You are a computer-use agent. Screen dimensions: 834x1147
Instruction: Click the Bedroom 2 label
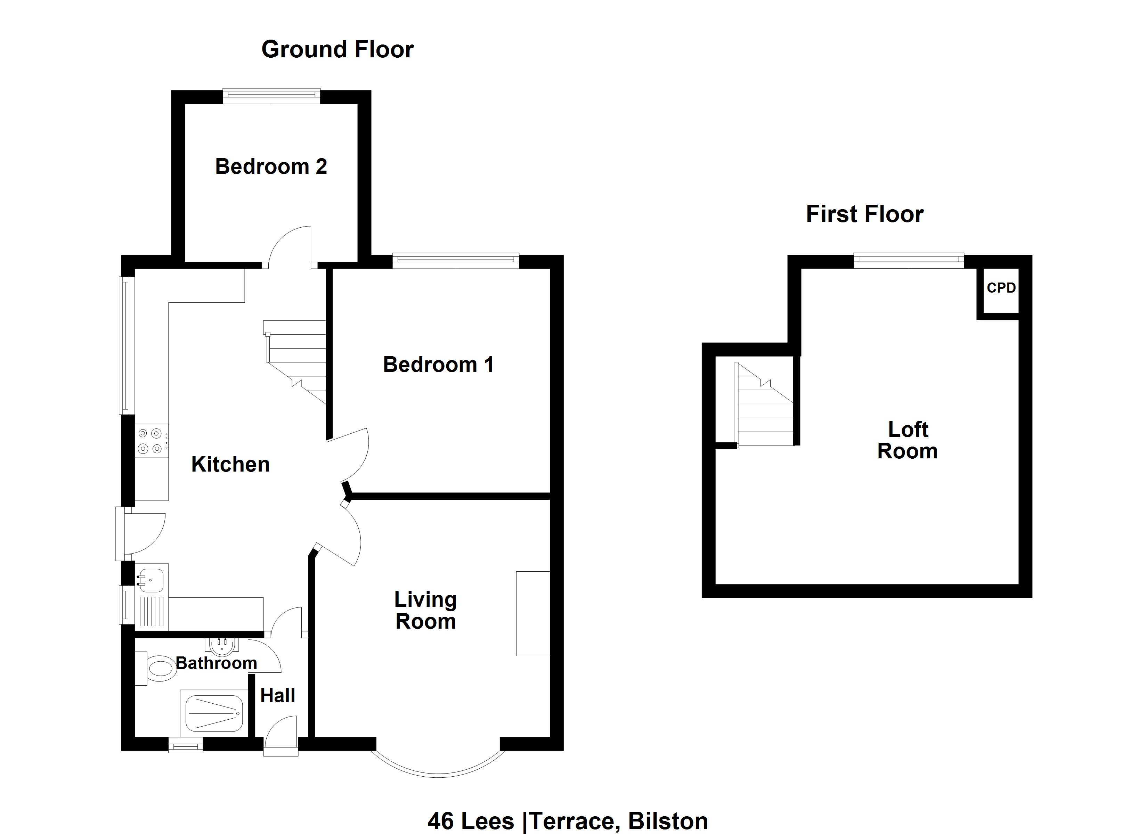271,166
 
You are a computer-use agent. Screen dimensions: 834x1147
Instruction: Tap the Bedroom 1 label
438,365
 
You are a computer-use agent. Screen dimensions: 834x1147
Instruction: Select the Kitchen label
230,464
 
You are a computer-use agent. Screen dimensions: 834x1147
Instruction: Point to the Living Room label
425,611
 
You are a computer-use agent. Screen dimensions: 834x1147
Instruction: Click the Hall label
278,695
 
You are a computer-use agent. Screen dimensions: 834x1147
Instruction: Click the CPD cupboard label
1001,288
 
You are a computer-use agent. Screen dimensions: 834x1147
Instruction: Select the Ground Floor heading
337,50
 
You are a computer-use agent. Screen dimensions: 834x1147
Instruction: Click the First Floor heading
864,214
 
